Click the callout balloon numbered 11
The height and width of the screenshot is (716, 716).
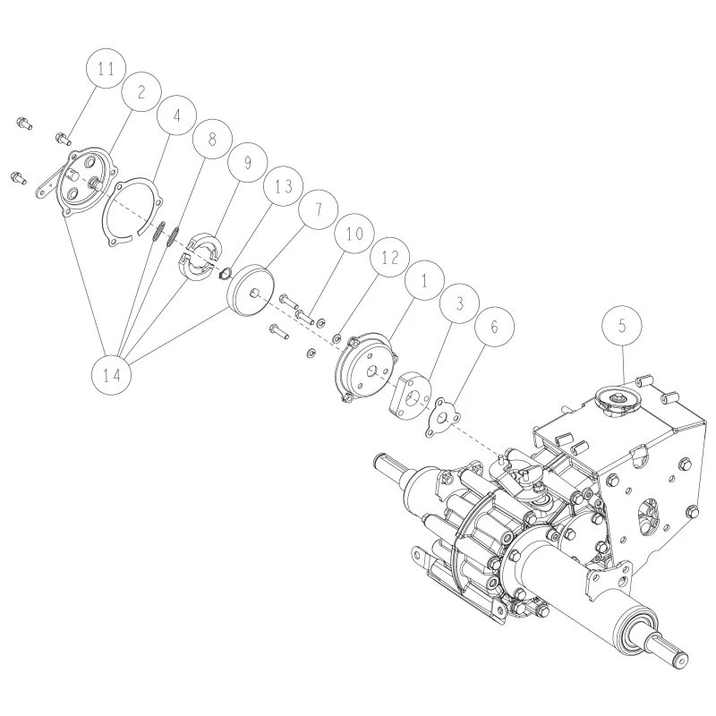(x=106, y=69)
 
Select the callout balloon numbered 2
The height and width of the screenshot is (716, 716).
(x=141, y=92)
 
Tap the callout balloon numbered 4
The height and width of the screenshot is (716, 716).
(x=176, y=115)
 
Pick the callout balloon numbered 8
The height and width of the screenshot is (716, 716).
(x=212, y=139)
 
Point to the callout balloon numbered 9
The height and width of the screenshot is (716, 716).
(x=248, y=162)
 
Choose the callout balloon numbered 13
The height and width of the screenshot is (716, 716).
(x=283, y=186)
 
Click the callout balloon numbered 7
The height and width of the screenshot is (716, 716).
(x=319, y=209)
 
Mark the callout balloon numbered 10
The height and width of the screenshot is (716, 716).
(x=354, y=233)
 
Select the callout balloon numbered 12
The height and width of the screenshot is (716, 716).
(x=389, y=257)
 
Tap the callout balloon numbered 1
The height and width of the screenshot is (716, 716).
(x=424, y=280)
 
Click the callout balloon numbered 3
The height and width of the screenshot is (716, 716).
(x=460, y=303)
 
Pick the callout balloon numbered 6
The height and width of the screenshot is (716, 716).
(x=495, y=327)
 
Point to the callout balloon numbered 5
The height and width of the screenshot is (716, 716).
(x=622, y=326)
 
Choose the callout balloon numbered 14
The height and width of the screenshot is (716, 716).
(x=111, y=375)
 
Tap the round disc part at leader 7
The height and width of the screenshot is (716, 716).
(x=251, y=290)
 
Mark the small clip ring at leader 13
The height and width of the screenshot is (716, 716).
(x=226, y=274)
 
